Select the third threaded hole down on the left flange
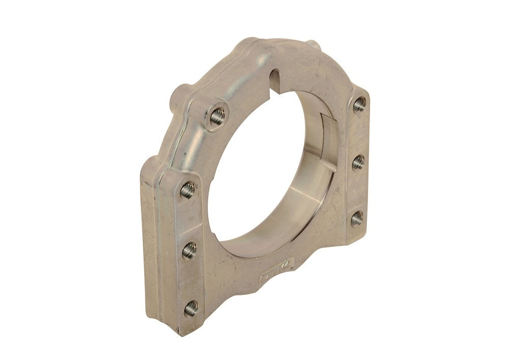[188, 250]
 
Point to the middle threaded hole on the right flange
[358, 162]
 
